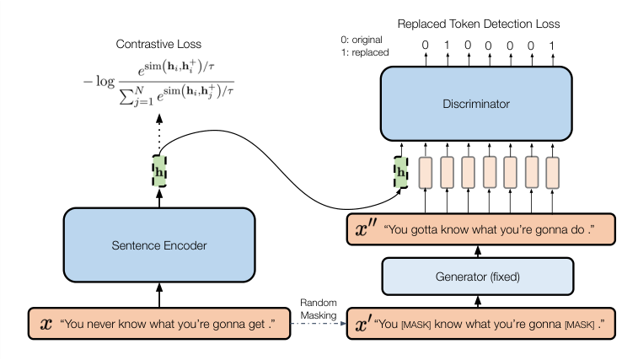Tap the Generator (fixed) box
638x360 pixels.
point(477,275)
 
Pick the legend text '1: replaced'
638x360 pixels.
point(364,52)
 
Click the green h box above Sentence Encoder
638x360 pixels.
point(158,170)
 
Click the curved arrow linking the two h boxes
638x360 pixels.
point(278,169)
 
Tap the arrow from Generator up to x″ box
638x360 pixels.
point(477,250)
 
